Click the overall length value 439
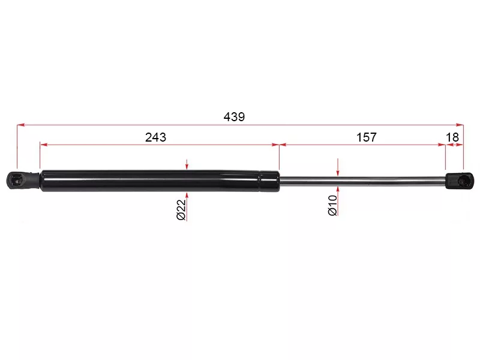pyautogui.click(x=234, y=116)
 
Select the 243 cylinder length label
pyautogui.click(x=155, y=137)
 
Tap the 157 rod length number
pyautogui.click(x=367, y=137)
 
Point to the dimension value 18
pyautogui.click(x=452, y=137)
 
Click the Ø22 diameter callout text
pyautogui.click(x=181, y=209)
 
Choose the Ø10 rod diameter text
pyautogui.click(x=332, y=206)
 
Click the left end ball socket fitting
pyautogui.click(x=23, y=181)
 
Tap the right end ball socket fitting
pyautogui.click(x=459, y=181)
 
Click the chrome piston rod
pyautogui.click(x=362, y=181)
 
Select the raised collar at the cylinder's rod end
pyautogui.click(x=269, y=181)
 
